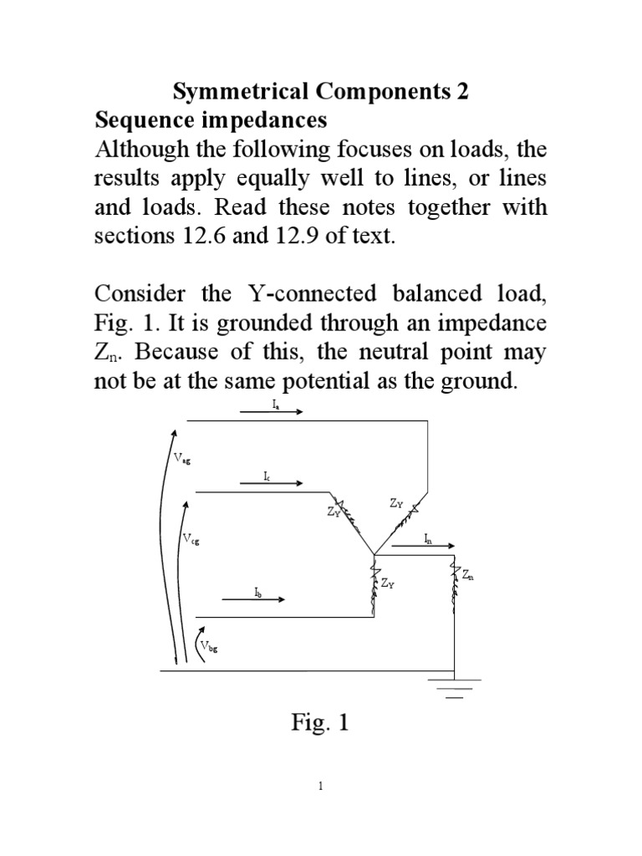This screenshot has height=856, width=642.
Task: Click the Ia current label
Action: click(275, 403)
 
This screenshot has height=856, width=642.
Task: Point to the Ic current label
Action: click(266, 476)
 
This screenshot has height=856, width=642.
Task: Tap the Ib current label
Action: click(258, 591)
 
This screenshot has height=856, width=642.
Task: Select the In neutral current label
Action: click(427, 538)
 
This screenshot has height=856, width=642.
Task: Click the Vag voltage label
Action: click(182, 457)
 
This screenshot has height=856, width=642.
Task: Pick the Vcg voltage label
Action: click(191, 539)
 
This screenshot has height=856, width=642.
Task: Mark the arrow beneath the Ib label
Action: click(254, 599)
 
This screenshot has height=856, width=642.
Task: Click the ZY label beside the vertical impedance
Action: click(387, 584)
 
